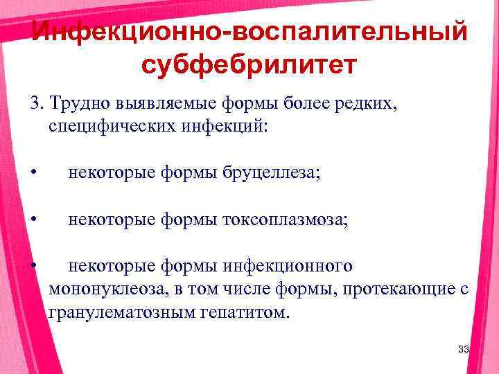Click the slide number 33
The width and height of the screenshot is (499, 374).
coord(464,350)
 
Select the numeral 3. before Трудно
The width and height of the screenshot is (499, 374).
coord(35,104)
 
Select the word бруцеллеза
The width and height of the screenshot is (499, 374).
coord(273,173)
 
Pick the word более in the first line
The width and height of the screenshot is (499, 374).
coord(307,104)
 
